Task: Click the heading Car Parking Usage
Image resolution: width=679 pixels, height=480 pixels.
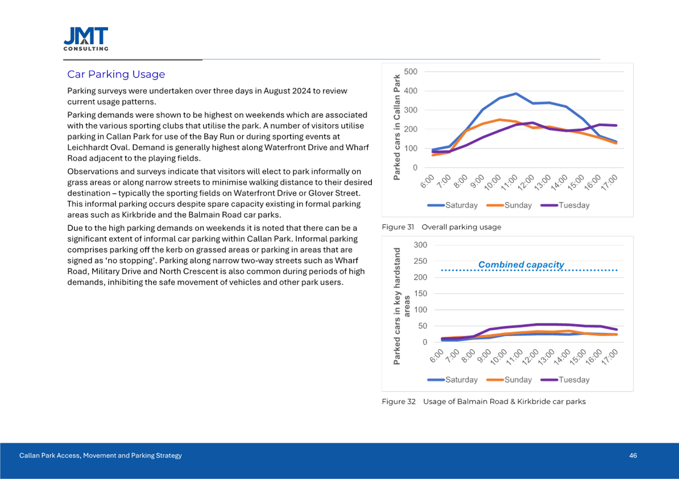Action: (116, 75)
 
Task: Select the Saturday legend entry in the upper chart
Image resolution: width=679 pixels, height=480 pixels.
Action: (453, 205)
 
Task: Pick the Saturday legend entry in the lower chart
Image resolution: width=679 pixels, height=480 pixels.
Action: (453, 379)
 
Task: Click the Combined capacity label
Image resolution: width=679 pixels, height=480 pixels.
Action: (521, 264)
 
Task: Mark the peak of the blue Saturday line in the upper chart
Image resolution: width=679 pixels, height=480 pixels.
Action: (515, 93)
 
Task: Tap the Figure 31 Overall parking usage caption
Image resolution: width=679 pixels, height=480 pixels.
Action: (441, 227)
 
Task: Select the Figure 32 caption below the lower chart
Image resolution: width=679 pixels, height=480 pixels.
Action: (483, 402)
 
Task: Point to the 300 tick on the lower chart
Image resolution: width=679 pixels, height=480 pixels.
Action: (420, 245)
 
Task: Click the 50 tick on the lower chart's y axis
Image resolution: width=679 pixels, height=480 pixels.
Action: (423, 326)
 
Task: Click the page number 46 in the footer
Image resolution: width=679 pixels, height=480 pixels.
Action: (632, 456)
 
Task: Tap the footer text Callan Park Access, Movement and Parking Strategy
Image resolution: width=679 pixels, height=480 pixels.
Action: (101, 456)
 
